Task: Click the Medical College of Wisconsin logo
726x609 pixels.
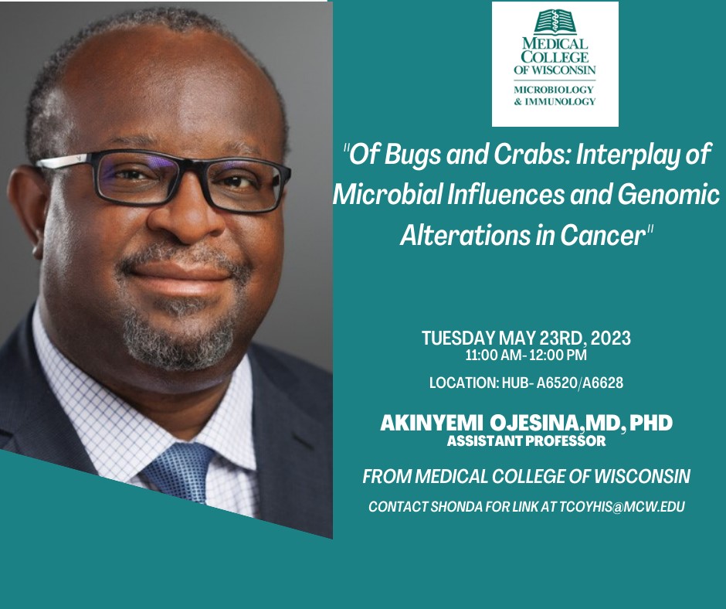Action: click(x=555, y=63)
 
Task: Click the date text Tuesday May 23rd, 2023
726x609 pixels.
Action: click(x=526, y=339)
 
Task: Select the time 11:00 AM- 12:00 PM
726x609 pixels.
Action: click(x=526, y=356)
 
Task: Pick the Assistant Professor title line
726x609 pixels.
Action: click(x=526, y=441)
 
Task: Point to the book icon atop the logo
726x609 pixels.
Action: click(x=555, y=22)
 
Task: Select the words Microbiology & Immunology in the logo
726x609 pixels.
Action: click(x=555, y=95)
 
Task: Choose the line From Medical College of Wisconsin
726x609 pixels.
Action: click(x=526, y=477)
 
